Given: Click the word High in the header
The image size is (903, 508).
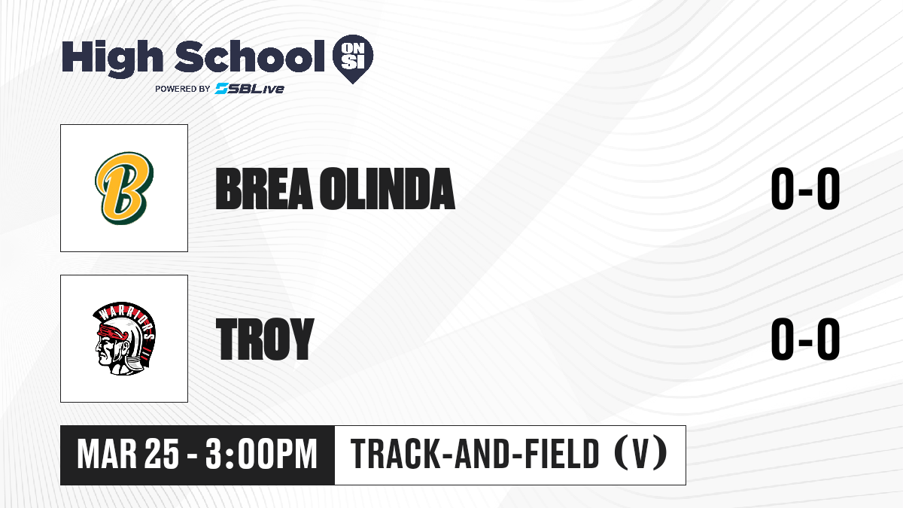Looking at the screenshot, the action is [112, 59].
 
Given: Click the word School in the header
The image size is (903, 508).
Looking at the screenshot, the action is [250, 56].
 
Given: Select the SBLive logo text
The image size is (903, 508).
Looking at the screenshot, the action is [250, 89].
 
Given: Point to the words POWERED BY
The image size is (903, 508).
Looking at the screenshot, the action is [183, 89].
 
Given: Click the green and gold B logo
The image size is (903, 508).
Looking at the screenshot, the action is [124, 188].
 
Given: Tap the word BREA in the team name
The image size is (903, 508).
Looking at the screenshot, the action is [264, 189].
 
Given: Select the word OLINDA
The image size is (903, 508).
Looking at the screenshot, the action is [388, 189].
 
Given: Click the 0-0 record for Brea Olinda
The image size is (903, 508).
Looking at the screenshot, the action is [805, 189].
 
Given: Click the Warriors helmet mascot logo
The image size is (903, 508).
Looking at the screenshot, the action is [124, 339].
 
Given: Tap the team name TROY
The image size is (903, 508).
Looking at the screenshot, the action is [265, 339].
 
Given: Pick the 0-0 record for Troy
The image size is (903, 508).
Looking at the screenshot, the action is [805, 339].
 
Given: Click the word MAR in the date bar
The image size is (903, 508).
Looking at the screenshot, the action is [107, 455].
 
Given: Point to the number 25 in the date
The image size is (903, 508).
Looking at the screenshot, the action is [162, 455].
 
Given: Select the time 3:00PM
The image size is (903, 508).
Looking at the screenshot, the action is [261, 455].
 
